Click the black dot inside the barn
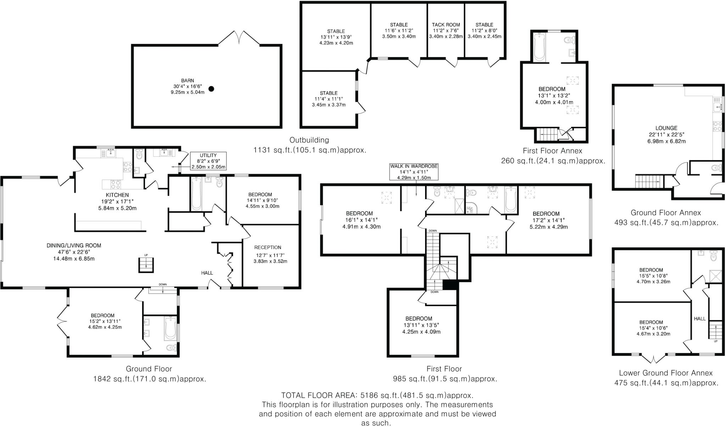coord(211,89)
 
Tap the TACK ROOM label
coord(446,25)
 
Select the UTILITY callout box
coord(208,161)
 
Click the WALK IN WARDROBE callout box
coord(414,172)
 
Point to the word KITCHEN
coord(117,195)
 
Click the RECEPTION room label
coord(268,247)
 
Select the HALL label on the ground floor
coord(207,273)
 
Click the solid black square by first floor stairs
coord(450,285)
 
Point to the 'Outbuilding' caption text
coord(309,140)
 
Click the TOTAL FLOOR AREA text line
coord(377,395)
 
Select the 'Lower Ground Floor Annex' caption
coord(666,373)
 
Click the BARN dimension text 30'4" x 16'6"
coord(188,86)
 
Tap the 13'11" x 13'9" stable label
coord(336,37)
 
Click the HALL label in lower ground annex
coord(699,319)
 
